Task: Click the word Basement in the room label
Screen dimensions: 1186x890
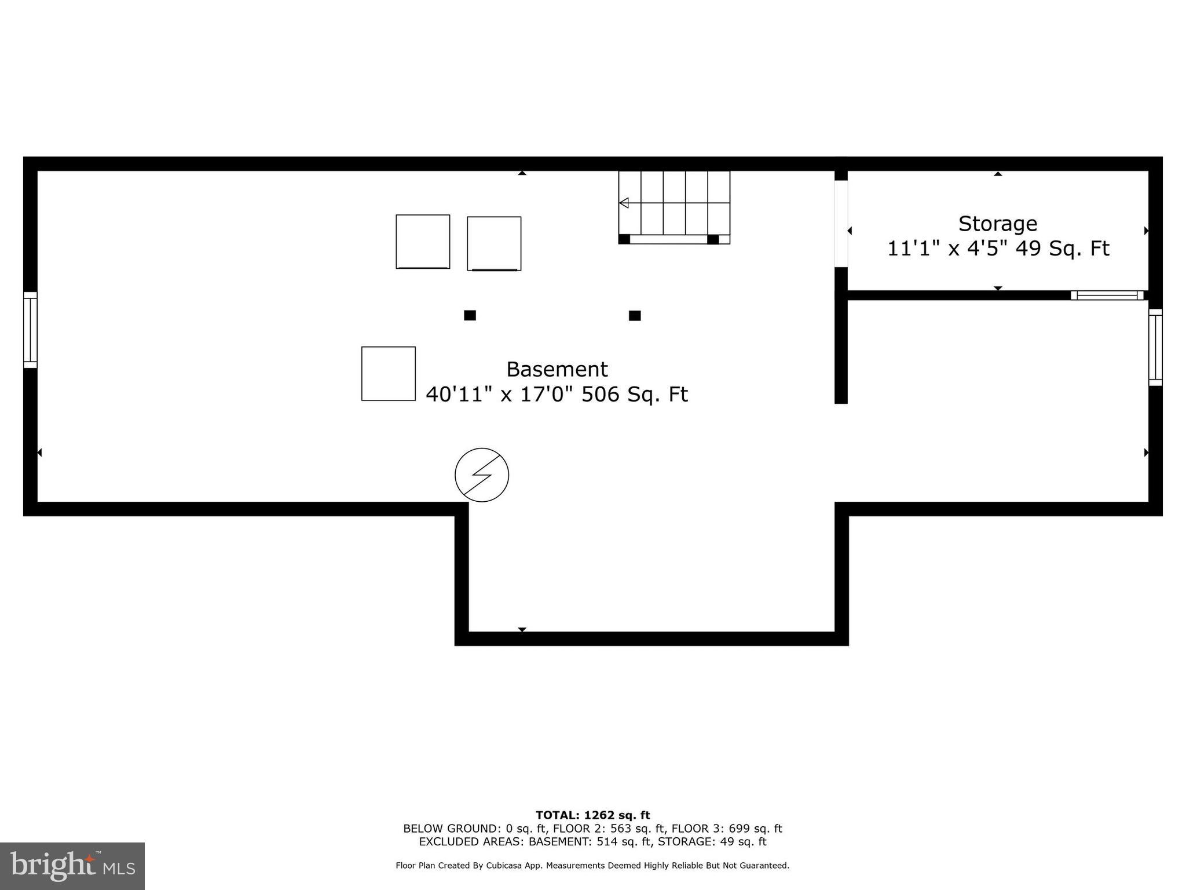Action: click(x=557, y=369)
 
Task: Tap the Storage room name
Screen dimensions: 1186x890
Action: click(x=997, y=224)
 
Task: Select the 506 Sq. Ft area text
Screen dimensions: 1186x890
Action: click(x=634, y=395)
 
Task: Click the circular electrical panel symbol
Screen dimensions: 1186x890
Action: click(x=482, y=475)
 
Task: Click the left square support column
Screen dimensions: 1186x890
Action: click(x=470, y=315)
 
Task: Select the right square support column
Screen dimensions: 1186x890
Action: click(x=635, y=315)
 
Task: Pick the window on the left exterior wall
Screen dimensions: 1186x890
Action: click(x=30, y=330)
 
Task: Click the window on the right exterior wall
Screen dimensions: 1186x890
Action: click(x=1155, y=347)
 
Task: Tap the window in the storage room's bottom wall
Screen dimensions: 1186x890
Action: click(x=1107, y=295)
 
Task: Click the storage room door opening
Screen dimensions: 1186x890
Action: click(x=841, y=224)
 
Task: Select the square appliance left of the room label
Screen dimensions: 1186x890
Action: click(x=389, y=374)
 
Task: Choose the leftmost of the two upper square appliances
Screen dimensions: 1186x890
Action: click(x=423, y=242)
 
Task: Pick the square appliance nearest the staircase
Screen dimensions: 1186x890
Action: click(x=494, y=243)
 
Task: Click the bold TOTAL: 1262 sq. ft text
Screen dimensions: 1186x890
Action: click(x=592, y=815)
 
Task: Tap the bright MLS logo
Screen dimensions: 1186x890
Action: click(x=72, y=866)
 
